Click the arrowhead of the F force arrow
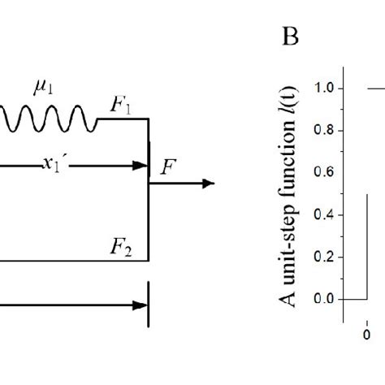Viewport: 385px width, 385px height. pos(209,184)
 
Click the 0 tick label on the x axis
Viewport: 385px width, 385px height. pos(367,334)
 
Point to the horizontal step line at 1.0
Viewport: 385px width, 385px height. pos(375,88)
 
